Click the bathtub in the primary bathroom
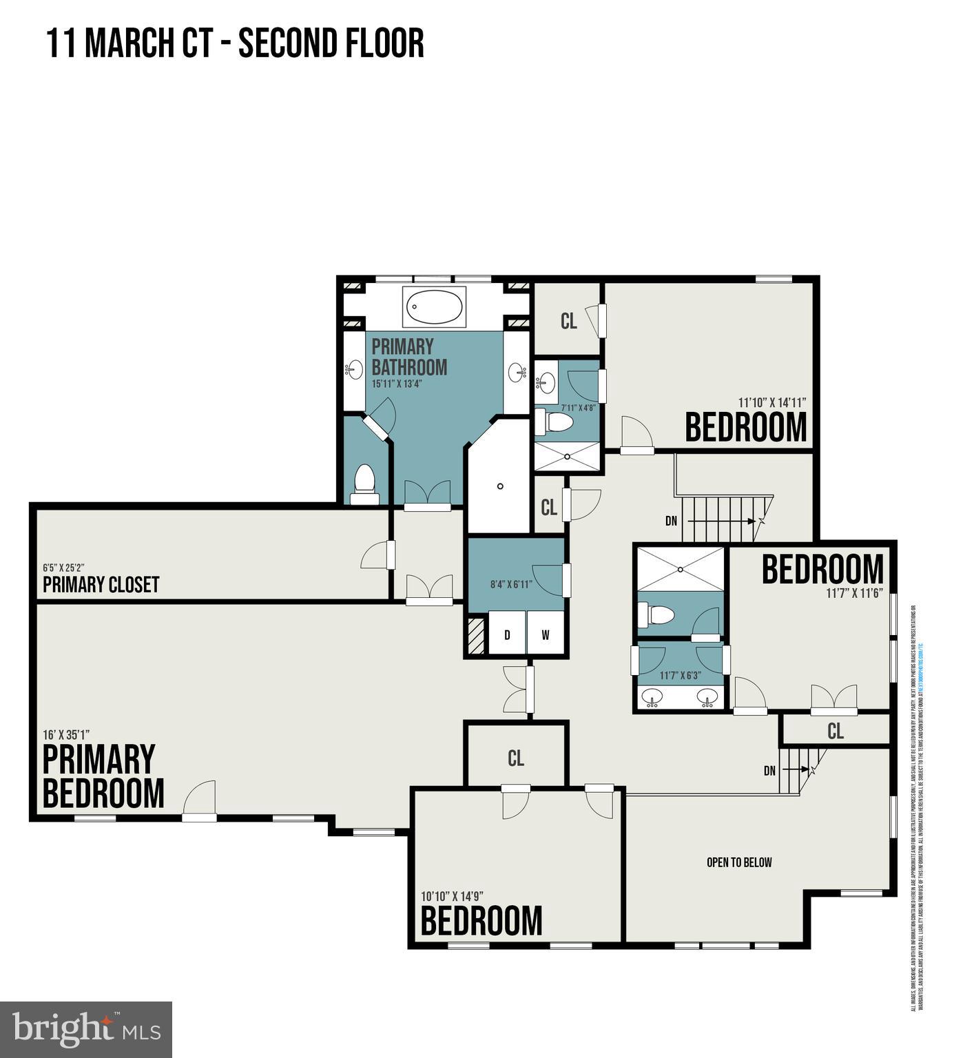(x=435, y=307)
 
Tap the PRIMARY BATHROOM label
(x=409, y=357)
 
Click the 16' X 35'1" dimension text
(x=67, y=734)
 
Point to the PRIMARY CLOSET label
(x=101, y=585)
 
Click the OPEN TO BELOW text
(x=739, y=862)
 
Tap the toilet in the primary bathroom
(x=364, y=484)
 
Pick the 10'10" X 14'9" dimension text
(x=452, y=896)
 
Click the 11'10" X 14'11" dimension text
(x=771, y=402)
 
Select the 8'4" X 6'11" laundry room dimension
(x=511, y=584)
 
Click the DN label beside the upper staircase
(x=672, y=521)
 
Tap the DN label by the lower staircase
(x=770, y=771)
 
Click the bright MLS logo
(x=86, y=1030)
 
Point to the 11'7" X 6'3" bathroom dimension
(x=679, y=676)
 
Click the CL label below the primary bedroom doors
(x=516, y=758)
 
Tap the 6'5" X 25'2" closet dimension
(x=64, y=568)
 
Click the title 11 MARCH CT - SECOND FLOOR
(x=235, y=43)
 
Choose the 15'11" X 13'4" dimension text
(x=396, y=384)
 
